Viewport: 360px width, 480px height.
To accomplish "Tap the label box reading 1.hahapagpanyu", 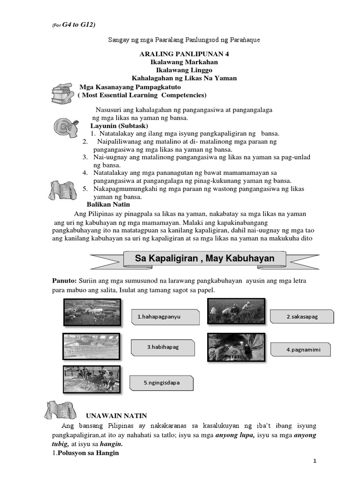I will (159, 317).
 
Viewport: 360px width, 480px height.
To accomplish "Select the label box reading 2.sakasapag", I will (302, 317).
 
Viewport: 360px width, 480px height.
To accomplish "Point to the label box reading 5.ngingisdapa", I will (162, 383).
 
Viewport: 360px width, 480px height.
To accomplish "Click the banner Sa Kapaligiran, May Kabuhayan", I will (204, 258).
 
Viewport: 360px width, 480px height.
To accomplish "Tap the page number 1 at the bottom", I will (315, 461).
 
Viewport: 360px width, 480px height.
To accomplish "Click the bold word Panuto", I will (63, 280).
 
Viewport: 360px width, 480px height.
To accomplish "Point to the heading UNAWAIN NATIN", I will (116, 415).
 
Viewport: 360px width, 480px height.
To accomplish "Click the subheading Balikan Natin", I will (109, 205).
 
